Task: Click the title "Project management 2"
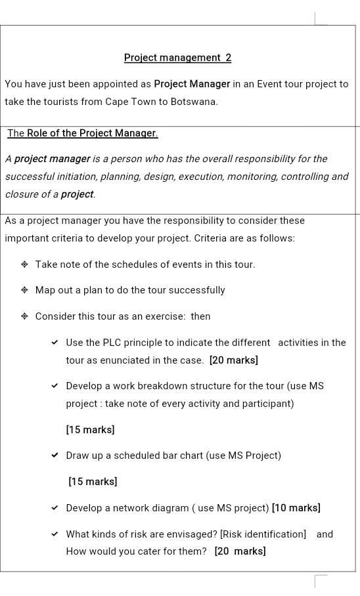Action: [177, 58]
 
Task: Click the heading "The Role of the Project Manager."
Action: [83, 133]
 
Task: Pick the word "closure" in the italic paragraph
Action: [21, 194]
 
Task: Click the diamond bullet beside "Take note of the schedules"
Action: [24, 265]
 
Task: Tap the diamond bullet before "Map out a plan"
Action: [24, 290]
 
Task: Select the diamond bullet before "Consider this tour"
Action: [24, 316]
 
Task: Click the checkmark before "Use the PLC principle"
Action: [55, 343]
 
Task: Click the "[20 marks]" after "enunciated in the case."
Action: [234, 360]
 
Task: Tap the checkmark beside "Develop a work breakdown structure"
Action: [55, 386]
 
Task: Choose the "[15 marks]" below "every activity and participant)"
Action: [90, 430]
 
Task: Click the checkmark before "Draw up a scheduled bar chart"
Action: [55, 456]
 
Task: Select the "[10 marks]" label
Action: [296, 508]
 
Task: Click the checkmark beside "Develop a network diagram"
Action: [55, 508]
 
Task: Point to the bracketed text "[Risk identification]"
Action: [263, 534]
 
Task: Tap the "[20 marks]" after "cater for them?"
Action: [240, 551]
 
